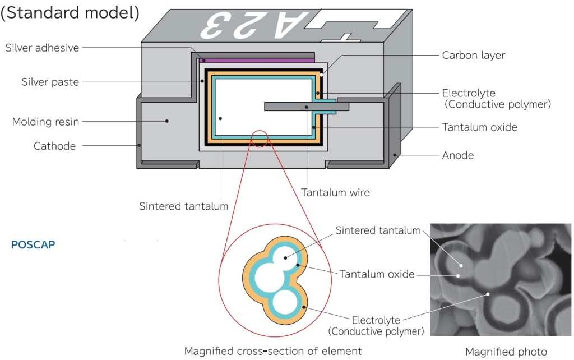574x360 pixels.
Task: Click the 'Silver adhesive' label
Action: (42, 48)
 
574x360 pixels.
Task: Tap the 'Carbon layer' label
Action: (473, 55)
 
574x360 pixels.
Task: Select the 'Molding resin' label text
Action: (46, 121)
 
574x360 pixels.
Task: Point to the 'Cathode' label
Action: (54, 146)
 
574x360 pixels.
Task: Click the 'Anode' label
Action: (458, 155)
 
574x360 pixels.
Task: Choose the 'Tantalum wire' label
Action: (335, 192)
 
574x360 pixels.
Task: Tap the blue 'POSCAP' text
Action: (33, 245)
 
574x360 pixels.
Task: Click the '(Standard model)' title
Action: (70, 13)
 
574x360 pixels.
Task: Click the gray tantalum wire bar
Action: (305, 106)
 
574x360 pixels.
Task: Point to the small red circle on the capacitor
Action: (259, 138)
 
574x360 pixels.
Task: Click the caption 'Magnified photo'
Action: (506, 352)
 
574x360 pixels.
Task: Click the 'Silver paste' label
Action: (50, 82)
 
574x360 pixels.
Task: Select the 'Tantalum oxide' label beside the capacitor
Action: (479, 127)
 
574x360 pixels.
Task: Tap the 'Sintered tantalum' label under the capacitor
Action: (183, 206)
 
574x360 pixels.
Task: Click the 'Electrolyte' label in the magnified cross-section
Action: (376, 320)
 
